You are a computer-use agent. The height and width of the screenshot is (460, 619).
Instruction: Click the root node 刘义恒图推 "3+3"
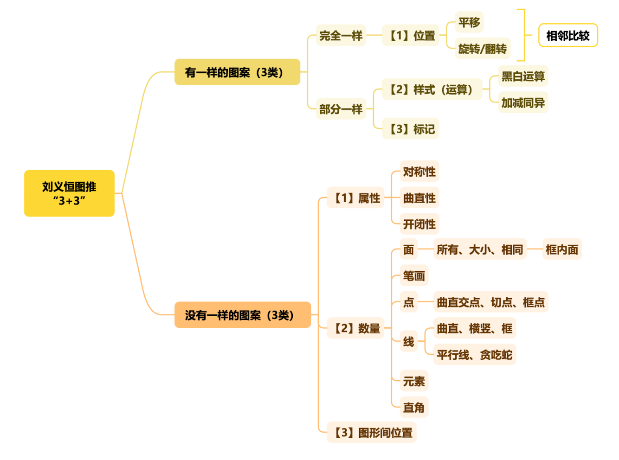click(69, 193)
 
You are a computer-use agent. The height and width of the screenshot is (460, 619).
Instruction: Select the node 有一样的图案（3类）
click(237, 72)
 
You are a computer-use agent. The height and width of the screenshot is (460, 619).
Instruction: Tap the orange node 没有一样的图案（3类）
click(242, 315)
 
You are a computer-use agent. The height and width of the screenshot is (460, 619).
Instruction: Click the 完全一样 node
click(341, 35)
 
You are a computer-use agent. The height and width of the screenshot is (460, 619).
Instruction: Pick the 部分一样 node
click(341, 109)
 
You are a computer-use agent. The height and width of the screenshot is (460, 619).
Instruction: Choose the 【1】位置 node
click(411, 35)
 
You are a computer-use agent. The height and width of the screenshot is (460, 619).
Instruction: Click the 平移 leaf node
click(469, 22)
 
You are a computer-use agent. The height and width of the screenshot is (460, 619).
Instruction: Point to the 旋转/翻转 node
click(483, 49)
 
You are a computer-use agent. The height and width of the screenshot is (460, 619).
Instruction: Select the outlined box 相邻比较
click(568, 35)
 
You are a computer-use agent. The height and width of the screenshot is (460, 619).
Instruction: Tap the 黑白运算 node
click(523, 76)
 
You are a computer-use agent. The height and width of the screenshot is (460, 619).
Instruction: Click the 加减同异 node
click(523, 102)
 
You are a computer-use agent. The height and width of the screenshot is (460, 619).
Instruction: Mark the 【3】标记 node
click(411, 129)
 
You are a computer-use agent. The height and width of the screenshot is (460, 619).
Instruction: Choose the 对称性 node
click(419, 172)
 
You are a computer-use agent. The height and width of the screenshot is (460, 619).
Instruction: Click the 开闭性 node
click(419, 224)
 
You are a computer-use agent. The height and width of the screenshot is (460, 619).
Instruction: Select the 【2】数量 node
click(355, 328)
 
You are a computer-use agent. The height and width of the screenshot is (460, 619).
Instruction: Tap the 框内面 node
click(562, 249)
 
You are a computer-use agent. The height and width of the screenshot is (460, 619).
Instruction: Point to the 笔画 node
click(414, 276)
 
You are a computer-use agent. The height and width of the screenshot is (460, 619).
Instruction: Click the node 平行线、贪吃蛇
click(474, 355)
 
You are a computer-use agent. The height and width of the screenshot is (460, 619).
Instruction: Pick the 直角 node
click(414, 408)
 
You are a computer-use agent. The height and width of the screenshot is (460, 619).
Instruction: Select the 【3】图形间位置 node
click(372, 433)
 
